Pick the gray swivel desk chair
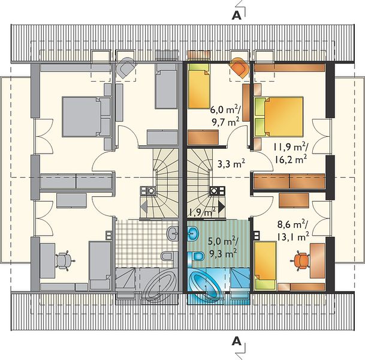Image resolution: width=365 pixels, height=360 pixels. coord(64,260)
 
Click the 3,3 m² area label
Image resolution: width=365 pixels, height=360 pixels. coord(231,164)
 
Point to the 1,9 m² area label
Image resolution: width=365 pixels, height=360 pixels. coord(201,212)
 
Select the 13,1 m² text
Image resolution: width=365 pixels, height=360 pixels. coord(293,237)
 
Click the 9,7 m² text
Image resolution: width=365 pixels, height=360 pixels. coord(225,122)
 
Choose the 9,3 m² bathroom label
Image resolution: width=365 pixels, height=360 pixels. coord(223,254)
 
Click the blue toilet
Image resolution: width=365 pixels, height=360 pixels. coord(196,256)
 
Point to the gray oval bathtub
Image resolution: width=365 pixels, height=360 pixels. coord(158,286)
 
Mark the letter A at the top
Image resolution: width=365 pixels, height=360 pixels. coord(236,15)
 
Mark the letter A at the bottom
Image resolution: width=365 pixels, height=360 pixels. coord(237,341)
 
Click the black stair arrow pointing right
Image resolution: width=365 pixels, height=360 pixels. coord(221,206)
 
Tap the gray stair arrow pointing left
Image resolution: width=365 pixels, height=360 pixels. coord(144,206)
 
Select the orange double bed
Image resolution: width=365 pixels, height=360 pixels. coord(279,116)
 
